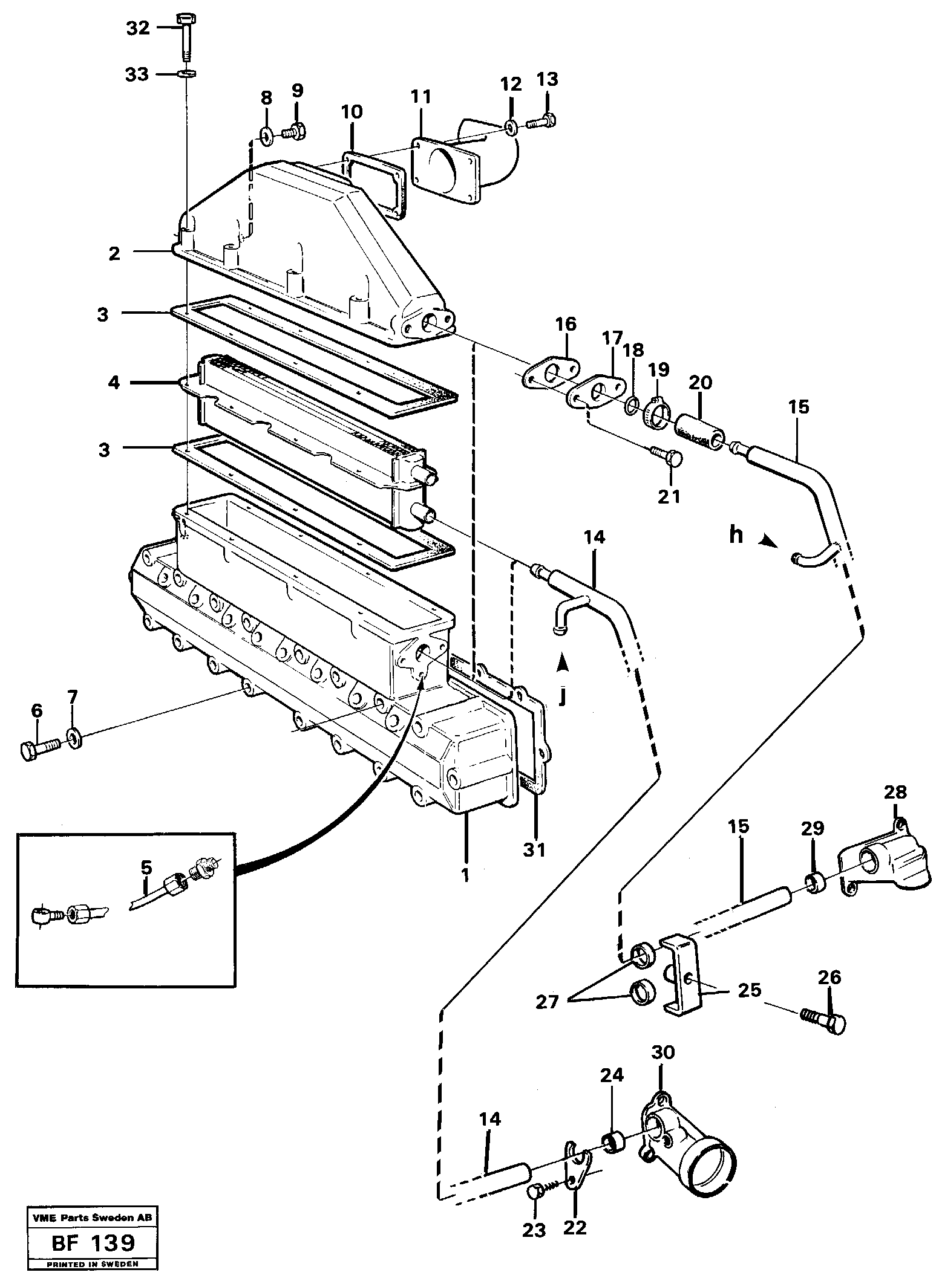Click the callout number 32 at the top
[x=137, y=28]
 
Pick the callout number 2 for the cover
[x=114, y=254]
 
